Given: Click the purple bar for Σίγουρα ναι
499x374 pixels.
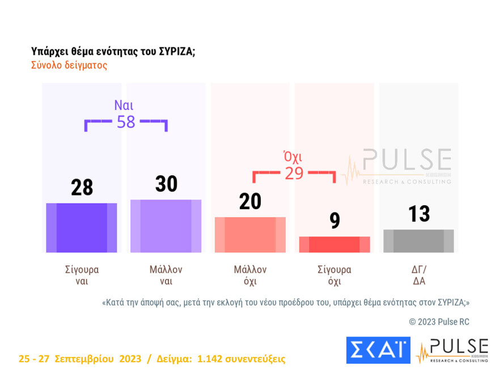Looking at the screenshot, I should (x=82, y=227).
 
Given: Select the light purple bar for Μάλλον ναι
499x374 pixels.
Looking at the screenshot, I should (x=166, y=226).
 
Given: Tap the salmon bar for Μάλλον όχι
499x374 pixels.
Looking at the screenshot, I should (x=250, y=235).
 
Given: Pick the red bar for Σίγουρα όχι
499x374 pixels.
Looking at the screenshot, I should (x=335, y=244).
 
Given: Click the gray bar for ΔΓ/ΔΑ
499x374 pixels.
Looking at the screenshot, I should (x=418, y=241).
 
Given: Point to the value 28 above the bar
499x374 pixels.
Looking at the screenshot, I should (x=82, y=188).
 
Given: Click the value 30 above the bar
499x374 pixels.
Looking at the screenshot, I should (x=166, y=184).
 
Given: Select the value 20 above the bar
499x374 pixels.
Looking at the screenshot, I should (x=250, y=201).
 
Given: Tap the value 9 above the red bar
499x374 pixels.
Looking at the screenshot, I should (x=335, y=220).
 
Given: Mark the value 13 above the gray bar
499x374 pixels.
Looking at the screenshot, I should (x=419, y=214).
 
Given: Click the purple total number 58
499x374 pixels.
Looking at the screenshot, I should (x=126, y=121).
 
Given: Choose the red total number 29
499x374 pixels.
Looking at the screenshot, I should (x=294, y=173).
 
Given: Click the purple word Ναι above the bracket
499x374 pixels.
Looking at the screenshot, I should (x=124, y=105).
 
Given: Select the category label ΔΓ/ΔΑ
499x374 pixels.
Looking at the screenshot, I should (x=419, y=275).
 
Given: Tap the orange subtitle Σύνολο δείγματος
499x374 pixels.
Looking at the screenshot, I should (x=69, y=65).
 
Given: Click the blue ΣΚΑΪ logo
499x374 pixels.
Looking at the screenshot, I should (x=378, y=350).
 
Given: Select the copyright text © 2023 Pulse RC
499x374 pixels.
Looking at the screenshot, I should (x=439, y=322).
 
